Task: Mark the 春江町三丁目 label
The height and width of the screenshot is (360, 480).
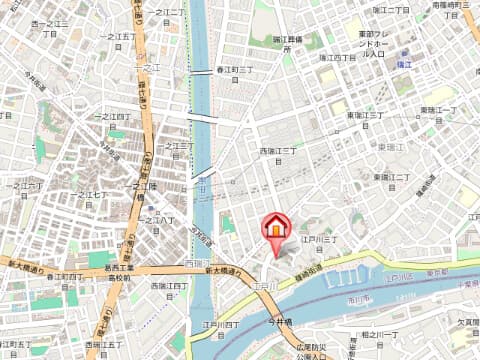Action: click(x=238, y=70)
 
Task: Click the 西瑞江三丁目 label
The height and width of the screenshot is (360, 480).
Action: click(x=280, y=151)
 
